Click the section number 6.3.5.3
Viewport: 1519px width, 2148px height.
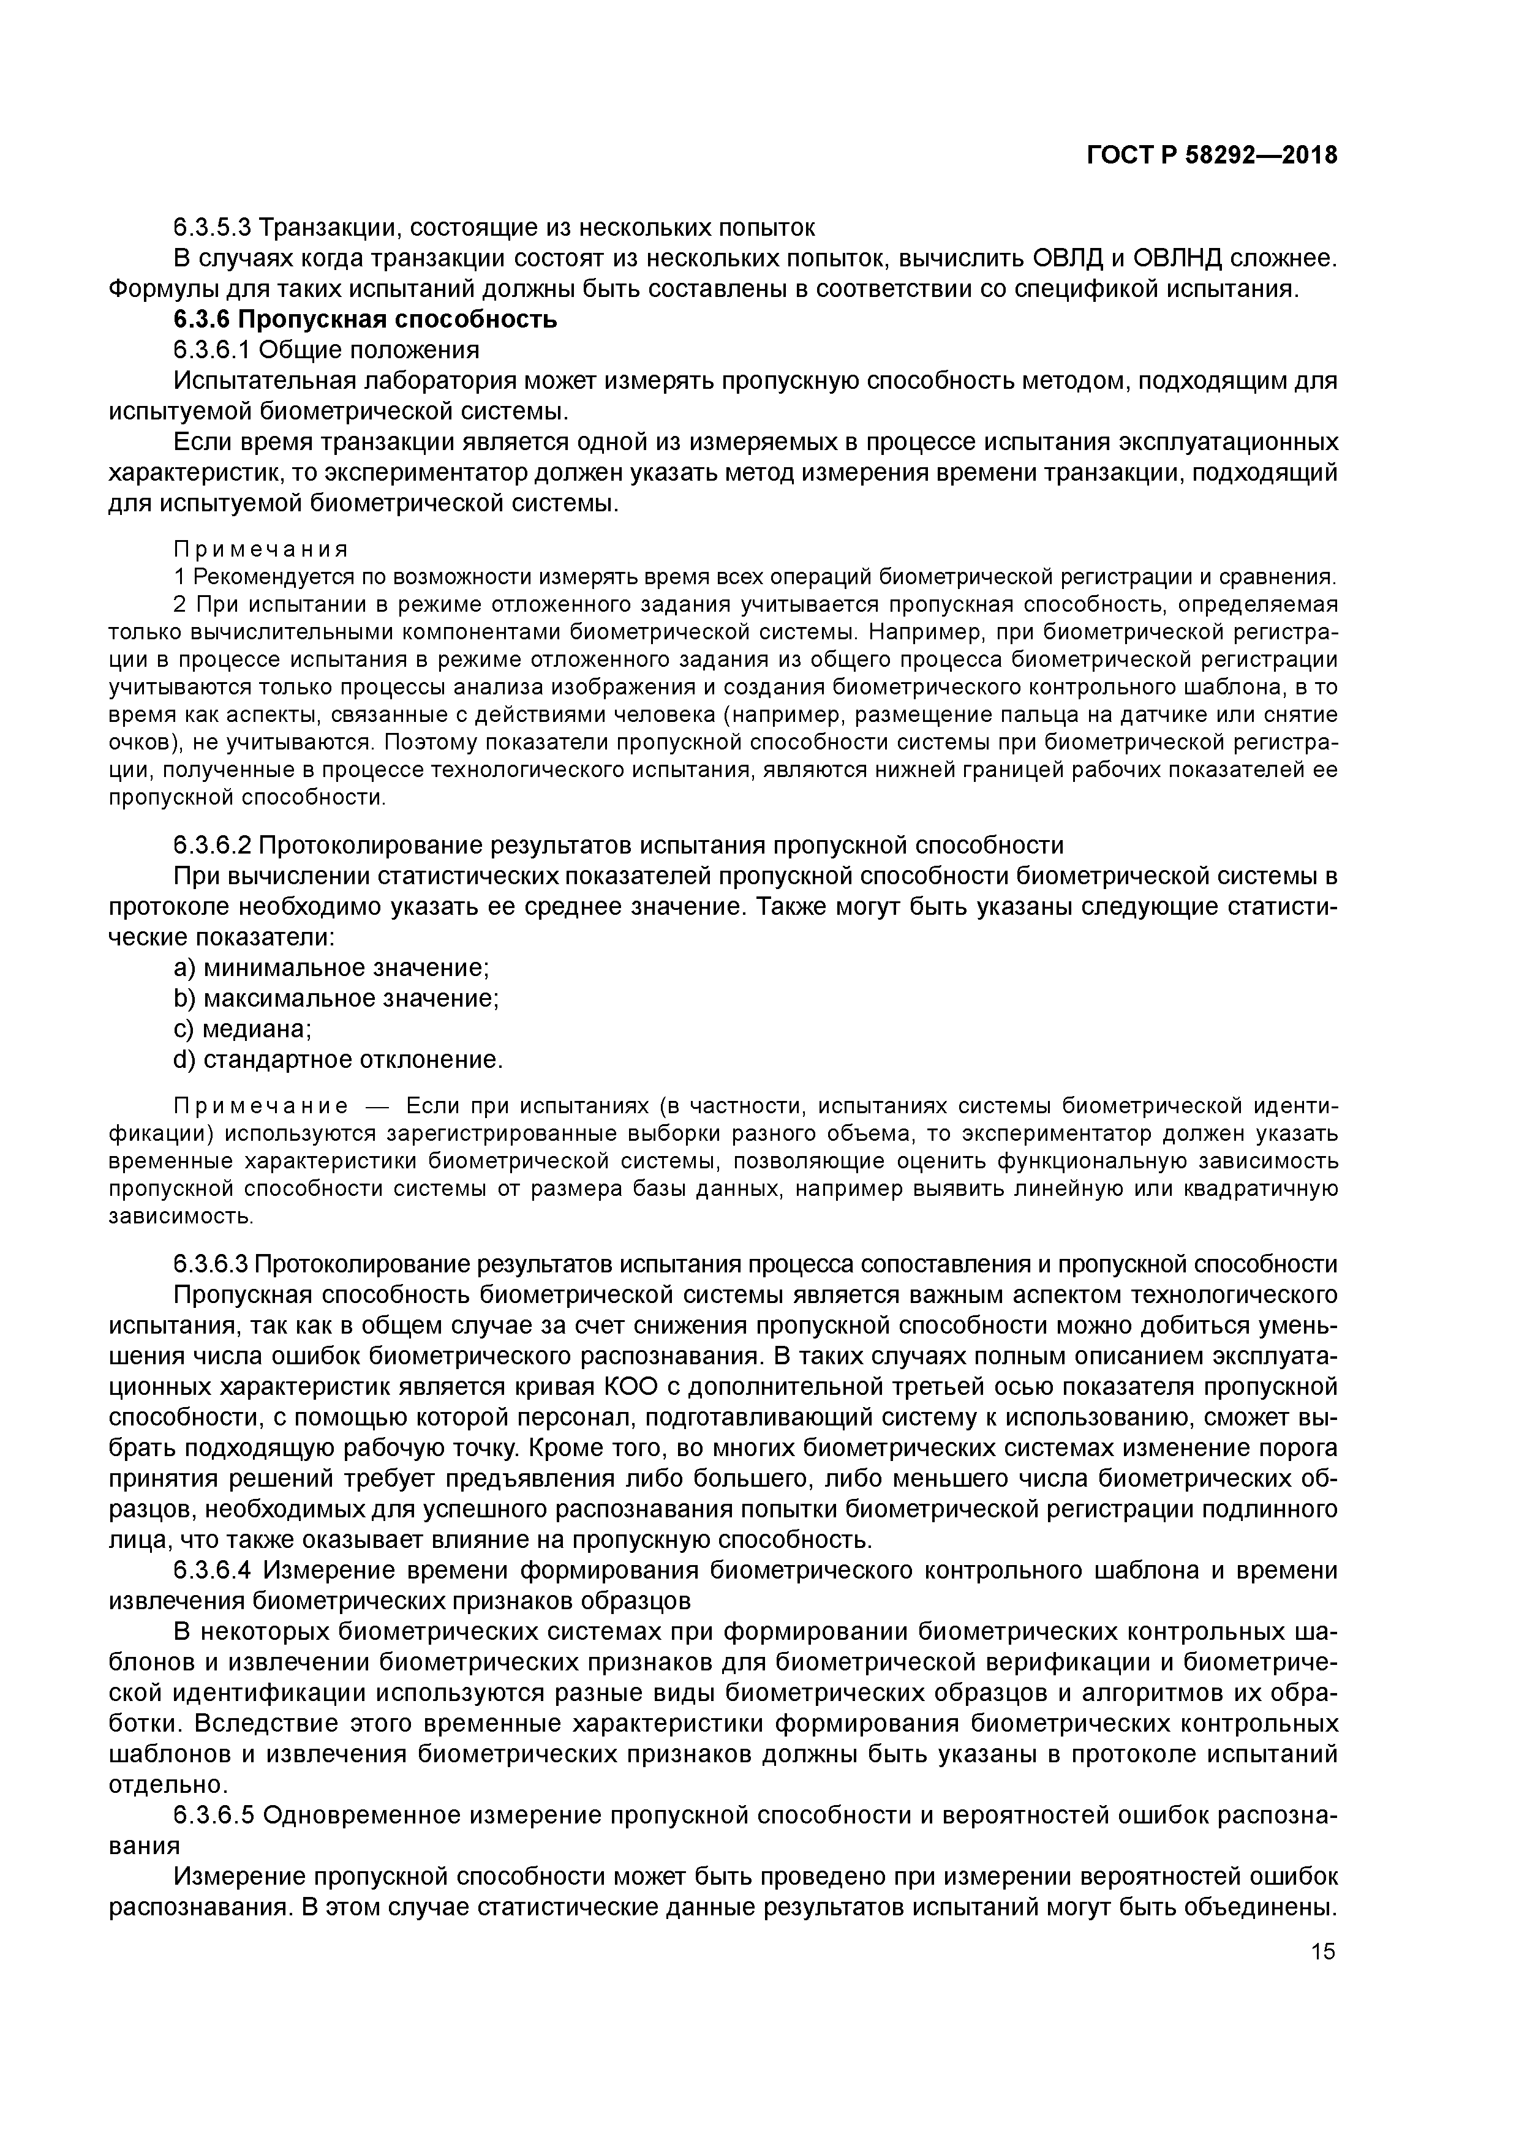point(213,227)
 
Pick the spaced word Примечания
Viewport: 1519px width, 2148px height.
point(261,548)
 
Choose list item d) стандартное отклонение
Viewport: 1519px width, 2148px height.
point(339,1060)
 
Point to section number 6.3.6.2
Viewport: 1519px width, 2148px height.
point(213,846)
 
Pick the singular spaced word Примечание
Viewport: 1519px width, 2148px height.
point(261,1106)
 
